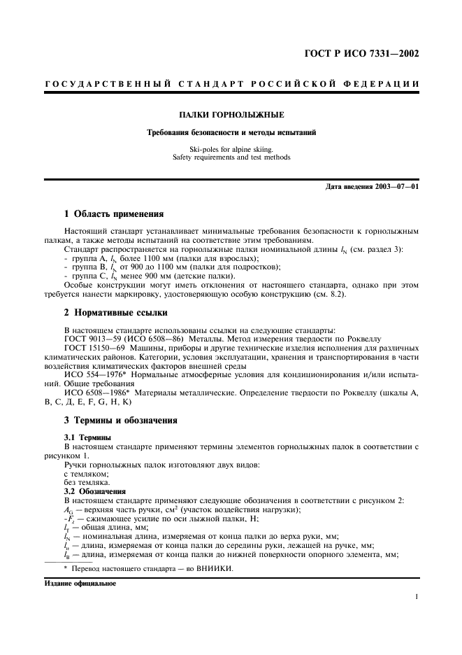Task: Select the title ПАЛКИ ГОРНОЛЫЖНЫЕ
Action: (231, 114)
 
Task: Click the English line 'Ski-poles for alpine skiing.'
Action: (231, 149)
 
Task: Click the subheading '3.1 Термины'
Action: (87, 437)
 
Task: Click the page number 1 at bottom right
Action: (416, 596)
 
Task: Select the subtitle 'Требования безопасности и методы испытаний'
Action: (231, 132)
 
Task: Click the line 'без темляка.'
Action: (87, 482)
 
